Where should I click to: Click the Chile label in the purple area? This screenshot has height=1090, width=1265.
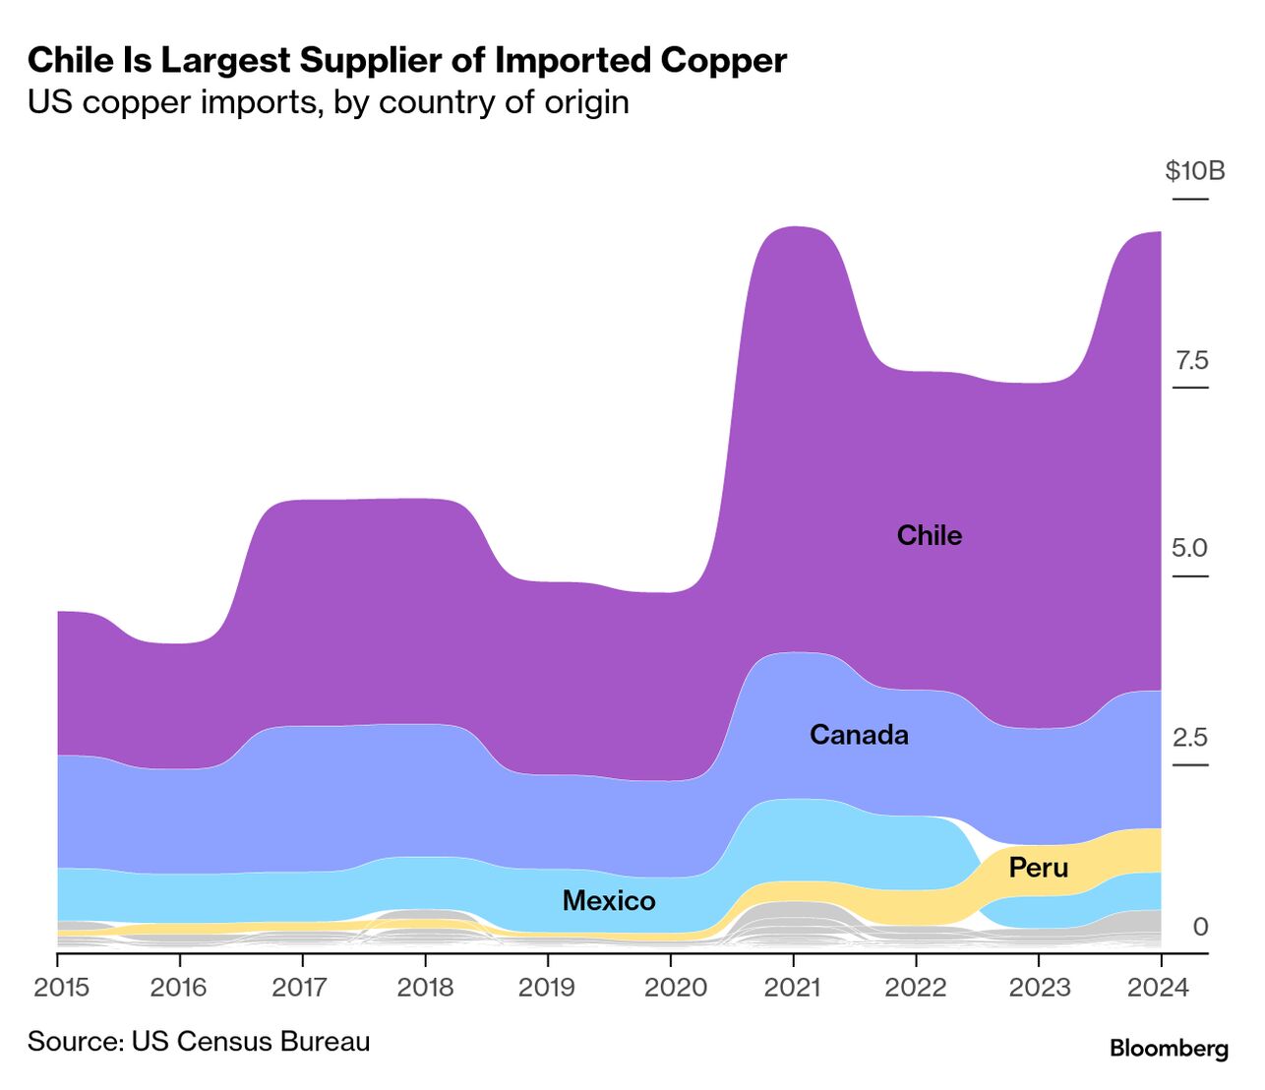(x=929, y=535)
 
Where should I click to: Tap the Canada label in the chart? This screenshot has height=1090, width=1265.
(x=859, y=735)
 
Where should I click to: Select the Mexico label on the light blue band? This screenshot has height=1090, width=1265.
(x=609, y=900)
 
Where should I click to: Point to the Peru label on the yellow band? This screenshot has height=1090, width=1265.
(x=1038, y=868)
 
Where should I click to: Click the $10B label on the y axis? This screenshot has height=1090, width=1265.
(x=1194, y=171)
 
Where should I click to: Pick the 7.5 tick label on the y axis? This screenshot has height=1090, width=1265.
(x=1191, y=360)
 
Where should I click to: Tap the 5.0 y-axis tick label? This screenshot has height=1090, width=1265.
(x=1189, y=548)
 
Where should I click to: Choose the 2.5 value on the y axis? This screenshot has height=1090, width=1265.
(x=1189, y=738)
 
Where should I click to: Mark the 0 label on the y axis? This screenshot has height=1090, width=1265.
(x=1200, y=927)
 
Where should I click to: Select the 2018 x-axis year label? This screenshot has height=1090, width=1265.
(x=425, y=987)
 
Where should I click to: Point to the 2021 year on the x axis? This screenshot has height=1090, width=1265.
(x=793, y=987)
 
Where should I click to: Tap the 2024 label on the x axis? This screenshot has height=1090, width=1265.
(x=1159, y=987)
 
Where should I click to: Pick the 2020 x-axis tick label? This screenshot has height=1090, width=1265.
(x=675, y=987)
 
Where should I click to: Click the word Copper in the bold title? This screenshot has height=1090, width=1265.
(x=724, y=61)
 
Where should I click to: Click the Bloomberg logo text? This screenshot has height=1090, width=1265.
(x=1169, y=1049)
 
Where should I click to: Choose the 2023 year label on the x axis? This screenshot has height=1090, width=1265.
(x=1039, y=987)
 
